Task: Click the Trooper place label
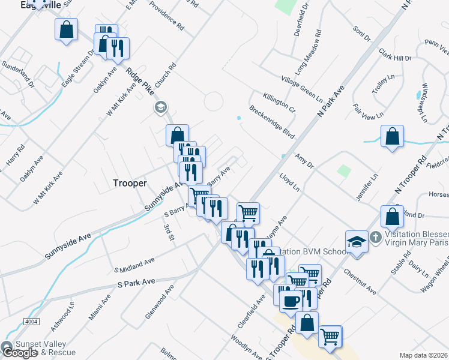tap(130, 183)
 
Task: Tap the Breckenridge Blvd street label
tap(271, 121)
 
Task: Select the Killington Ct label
tap(279, 103)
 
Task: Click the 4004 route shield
tap(31, 322)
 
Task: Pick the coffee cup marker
tap(291, 301)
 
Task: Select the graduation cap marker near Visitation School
tap(357, 242)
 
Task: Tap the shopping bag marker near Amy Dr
tap(392, 136)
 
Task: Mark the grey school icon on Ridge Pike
tap(160, 108)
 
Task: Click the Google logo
tap(19, 353)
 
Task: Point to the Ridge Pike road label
tap(141, 81)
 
